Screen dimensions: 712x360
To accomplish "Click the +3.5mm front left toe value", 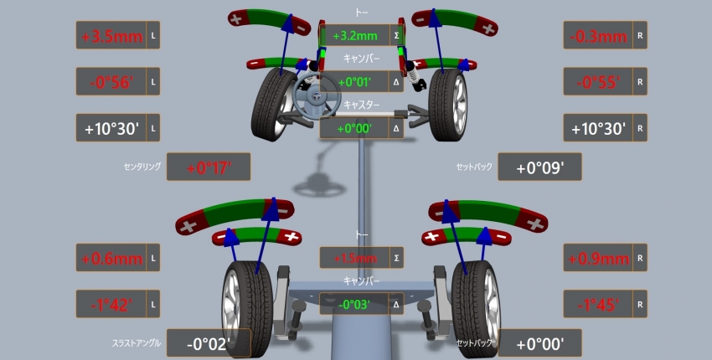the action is click(x=112, y=36).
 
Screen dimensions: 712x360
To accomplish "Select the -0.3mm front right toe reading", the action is click(x=598, y=36).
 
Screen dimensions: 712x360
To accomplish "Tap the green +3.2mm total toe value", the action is click(x=354, y=36).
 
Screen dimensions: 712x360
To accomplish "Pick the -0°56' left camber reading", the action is click(x=111, y=82).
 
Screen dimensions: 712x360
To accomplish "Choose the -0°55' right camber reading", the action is click(x=598, y=82).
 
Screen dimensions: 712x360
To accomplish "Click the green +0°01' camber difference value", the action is click(x=354, y=82).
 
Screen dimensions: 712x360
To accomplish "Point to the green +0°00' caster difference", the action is click(x=354, y=128).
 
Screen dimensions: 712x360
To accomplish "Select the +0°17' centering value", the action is click(x=209, y=168).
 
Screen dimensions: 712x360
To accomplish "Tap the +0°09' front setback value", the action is click(x=540, y=168).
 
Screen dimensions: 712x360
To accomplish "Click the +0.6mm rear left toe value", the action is click(x=112, y=259).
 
